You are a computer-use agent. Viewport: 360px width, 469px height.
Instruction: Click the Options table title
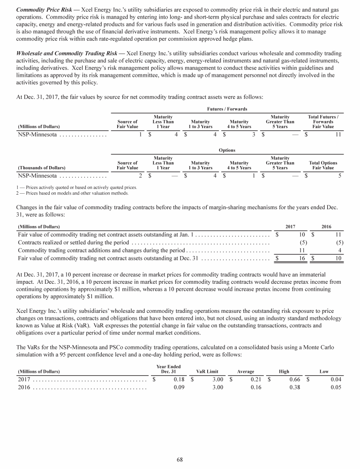coord(227,151)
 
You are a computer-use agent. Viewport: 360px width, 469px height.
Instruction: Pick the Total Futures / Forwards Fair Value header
coord(323,121)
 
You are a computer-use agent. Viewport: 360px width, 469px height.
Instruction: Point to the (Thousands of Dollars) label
coord(42,167)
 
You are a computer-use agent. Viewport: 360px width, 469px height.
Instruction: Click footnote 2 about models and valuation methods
coord(72,193)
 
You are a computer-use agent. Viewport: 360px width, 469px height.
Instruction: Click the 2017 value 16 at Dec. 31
coord(302,258)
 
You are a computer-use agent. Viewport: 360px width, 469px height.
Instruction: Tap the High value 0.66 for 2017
coord(294,379)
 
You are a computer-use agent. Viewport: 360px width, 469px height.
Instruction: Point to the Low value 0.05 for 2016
coord(335,387)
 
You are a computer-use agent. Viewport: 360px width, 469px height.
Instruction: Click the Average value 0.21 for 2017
coord(256,379)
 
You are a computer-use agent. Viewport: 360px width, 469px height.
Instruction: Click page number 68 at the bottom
coord(180,459)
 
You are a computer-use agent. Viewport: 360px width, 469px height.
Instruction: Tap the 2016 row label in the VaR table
coord(24,387)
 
